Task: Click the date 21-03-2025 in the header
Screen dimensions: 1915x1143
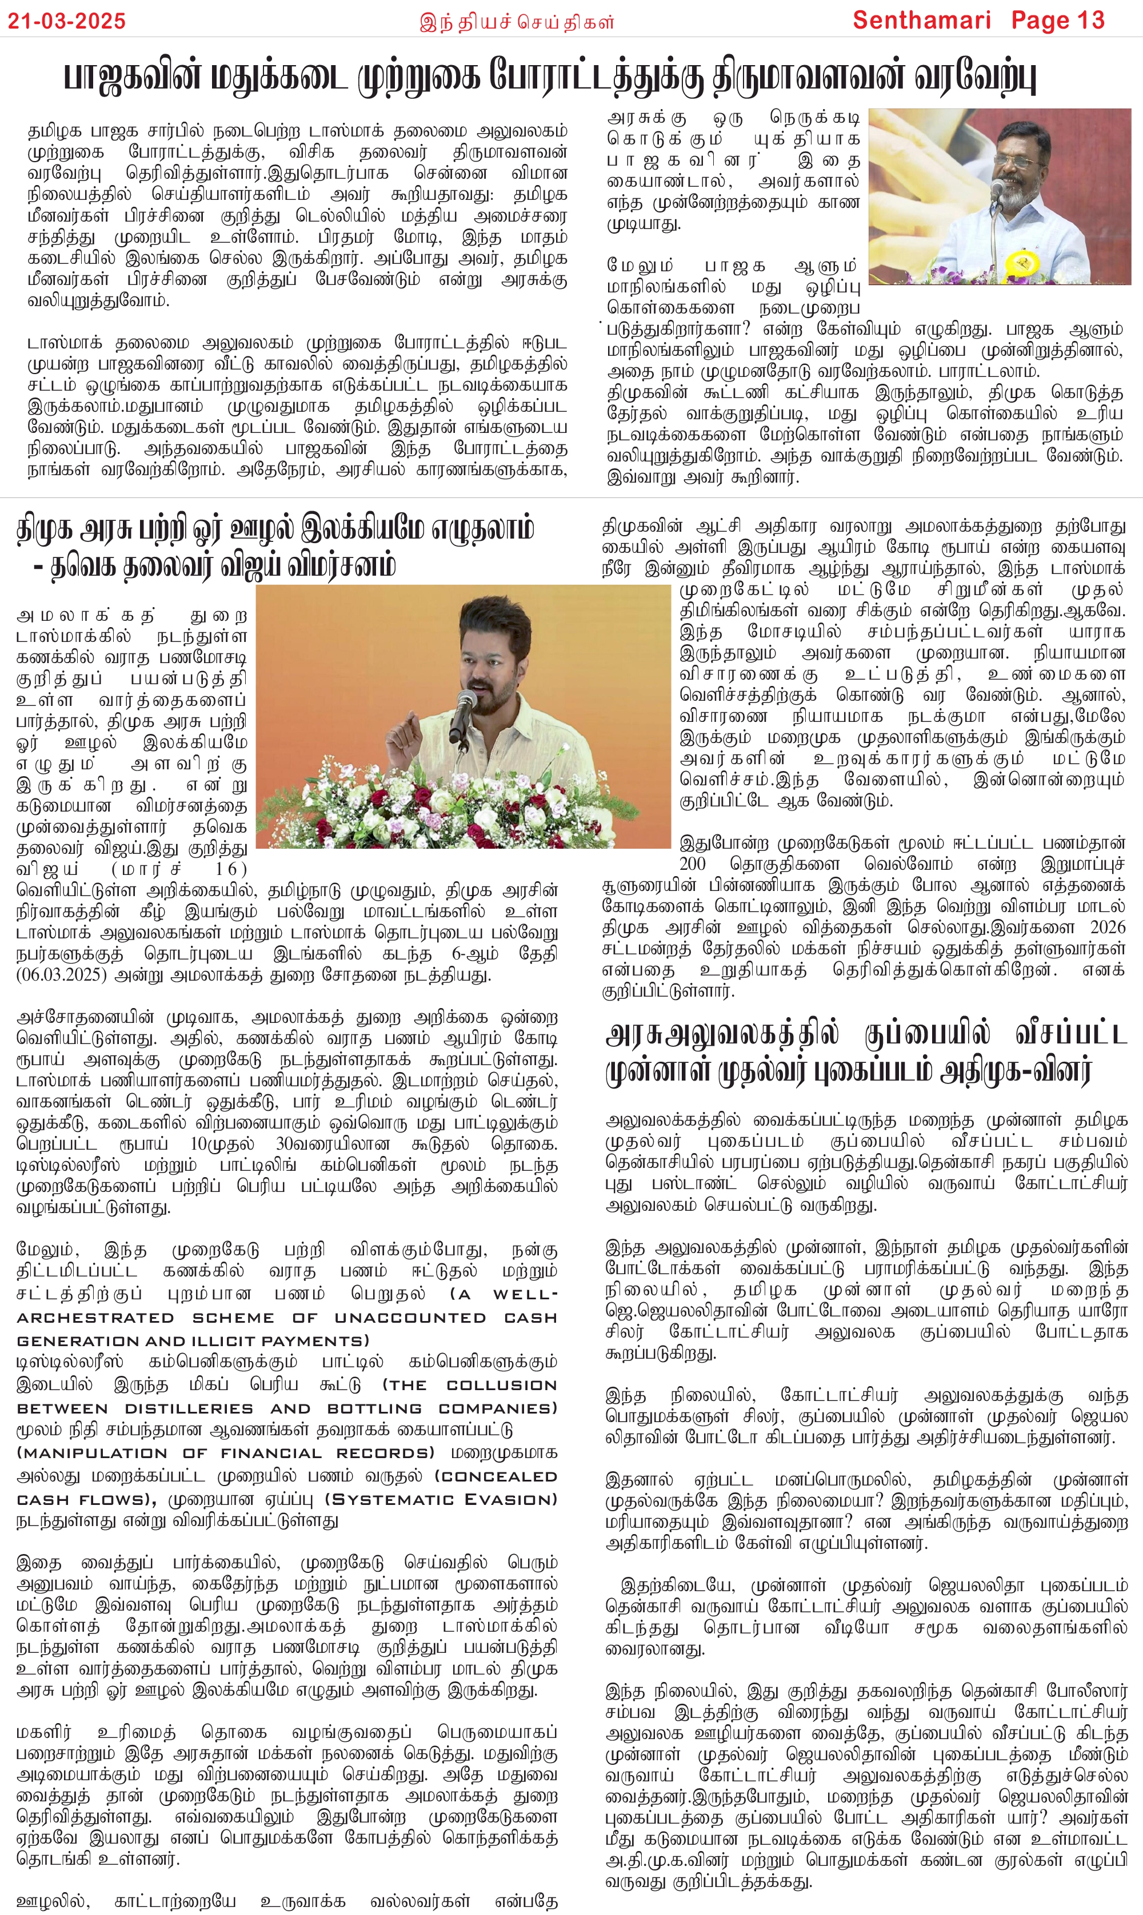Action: pyautogui.click(x=67, y=21)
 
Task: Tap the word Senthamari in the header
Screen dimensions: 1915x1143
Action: pyautogui.click(x=921, y=20)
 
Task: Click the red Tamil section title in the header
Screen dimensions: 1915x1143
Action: pyautogui.click(x=517, y=22)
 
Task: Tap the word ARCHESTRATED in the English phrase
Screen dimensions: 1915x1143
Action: pyautogui.click(x=95, y=1318)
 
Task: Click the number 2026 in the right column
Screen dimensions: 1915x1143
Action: pyautogui.click(x=1108, y=927)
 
